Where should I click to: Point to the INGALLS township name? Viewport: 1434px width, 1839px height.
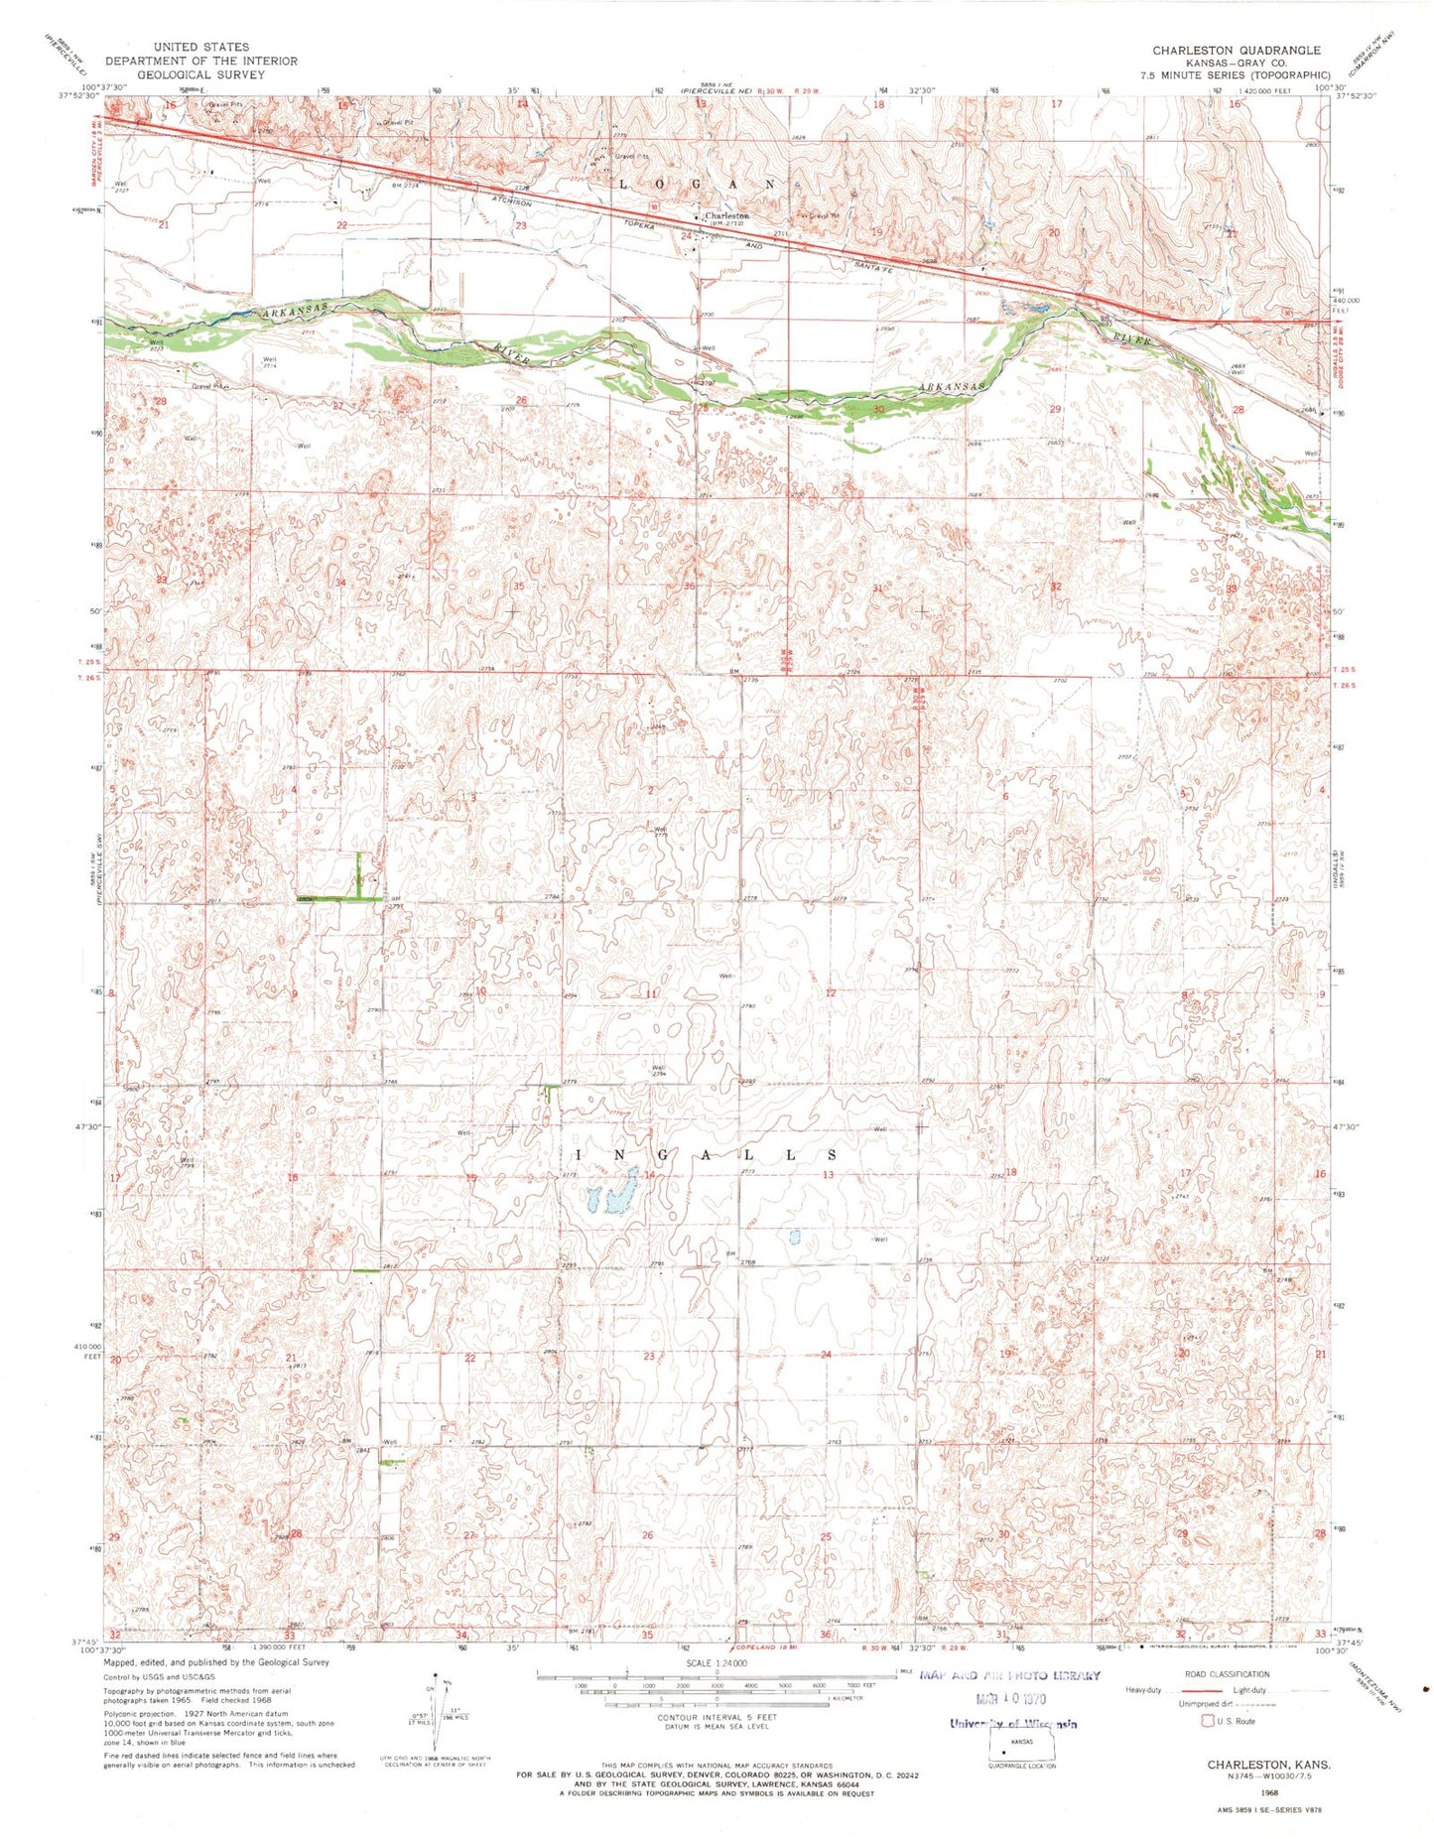[707, 1155]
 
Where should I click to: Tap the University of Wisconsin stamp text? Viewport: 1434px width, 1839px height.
[1012, 1724]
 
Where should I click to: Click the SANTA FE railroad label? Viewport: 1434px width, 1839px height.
[879, 256]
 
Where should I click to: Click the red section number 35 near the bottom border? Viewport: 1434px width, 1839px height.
[647, 1635]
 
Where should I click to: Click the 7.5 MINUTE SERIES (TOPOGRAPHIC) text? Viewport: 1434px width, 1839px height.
[1236, 74]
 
